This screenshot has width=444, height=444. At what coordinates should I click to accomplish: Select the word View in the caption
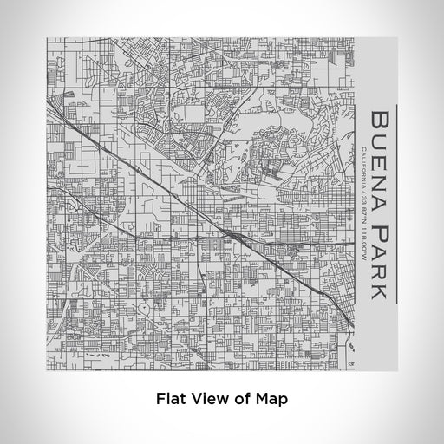[x=213, y=400]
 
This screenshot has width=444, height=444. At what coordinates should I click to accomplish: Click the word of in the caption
[x=246, y=400]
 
